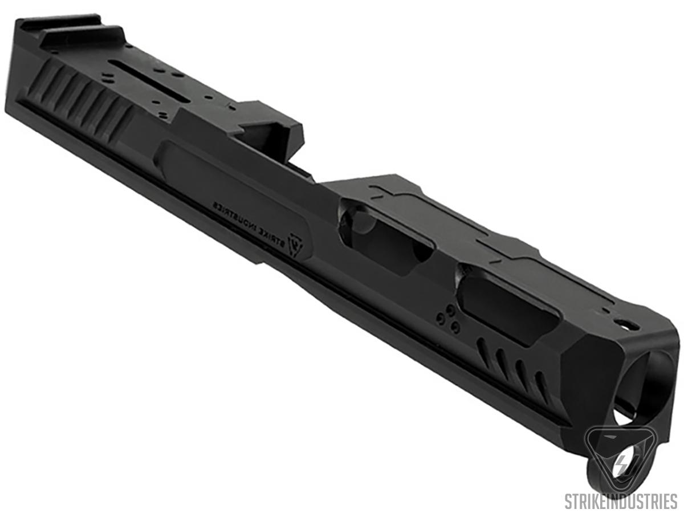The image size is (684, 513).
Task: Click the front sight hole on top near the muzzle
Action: pos(628,326)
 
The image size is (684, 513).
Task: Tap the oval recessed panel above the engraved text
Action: pos(228,182)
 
